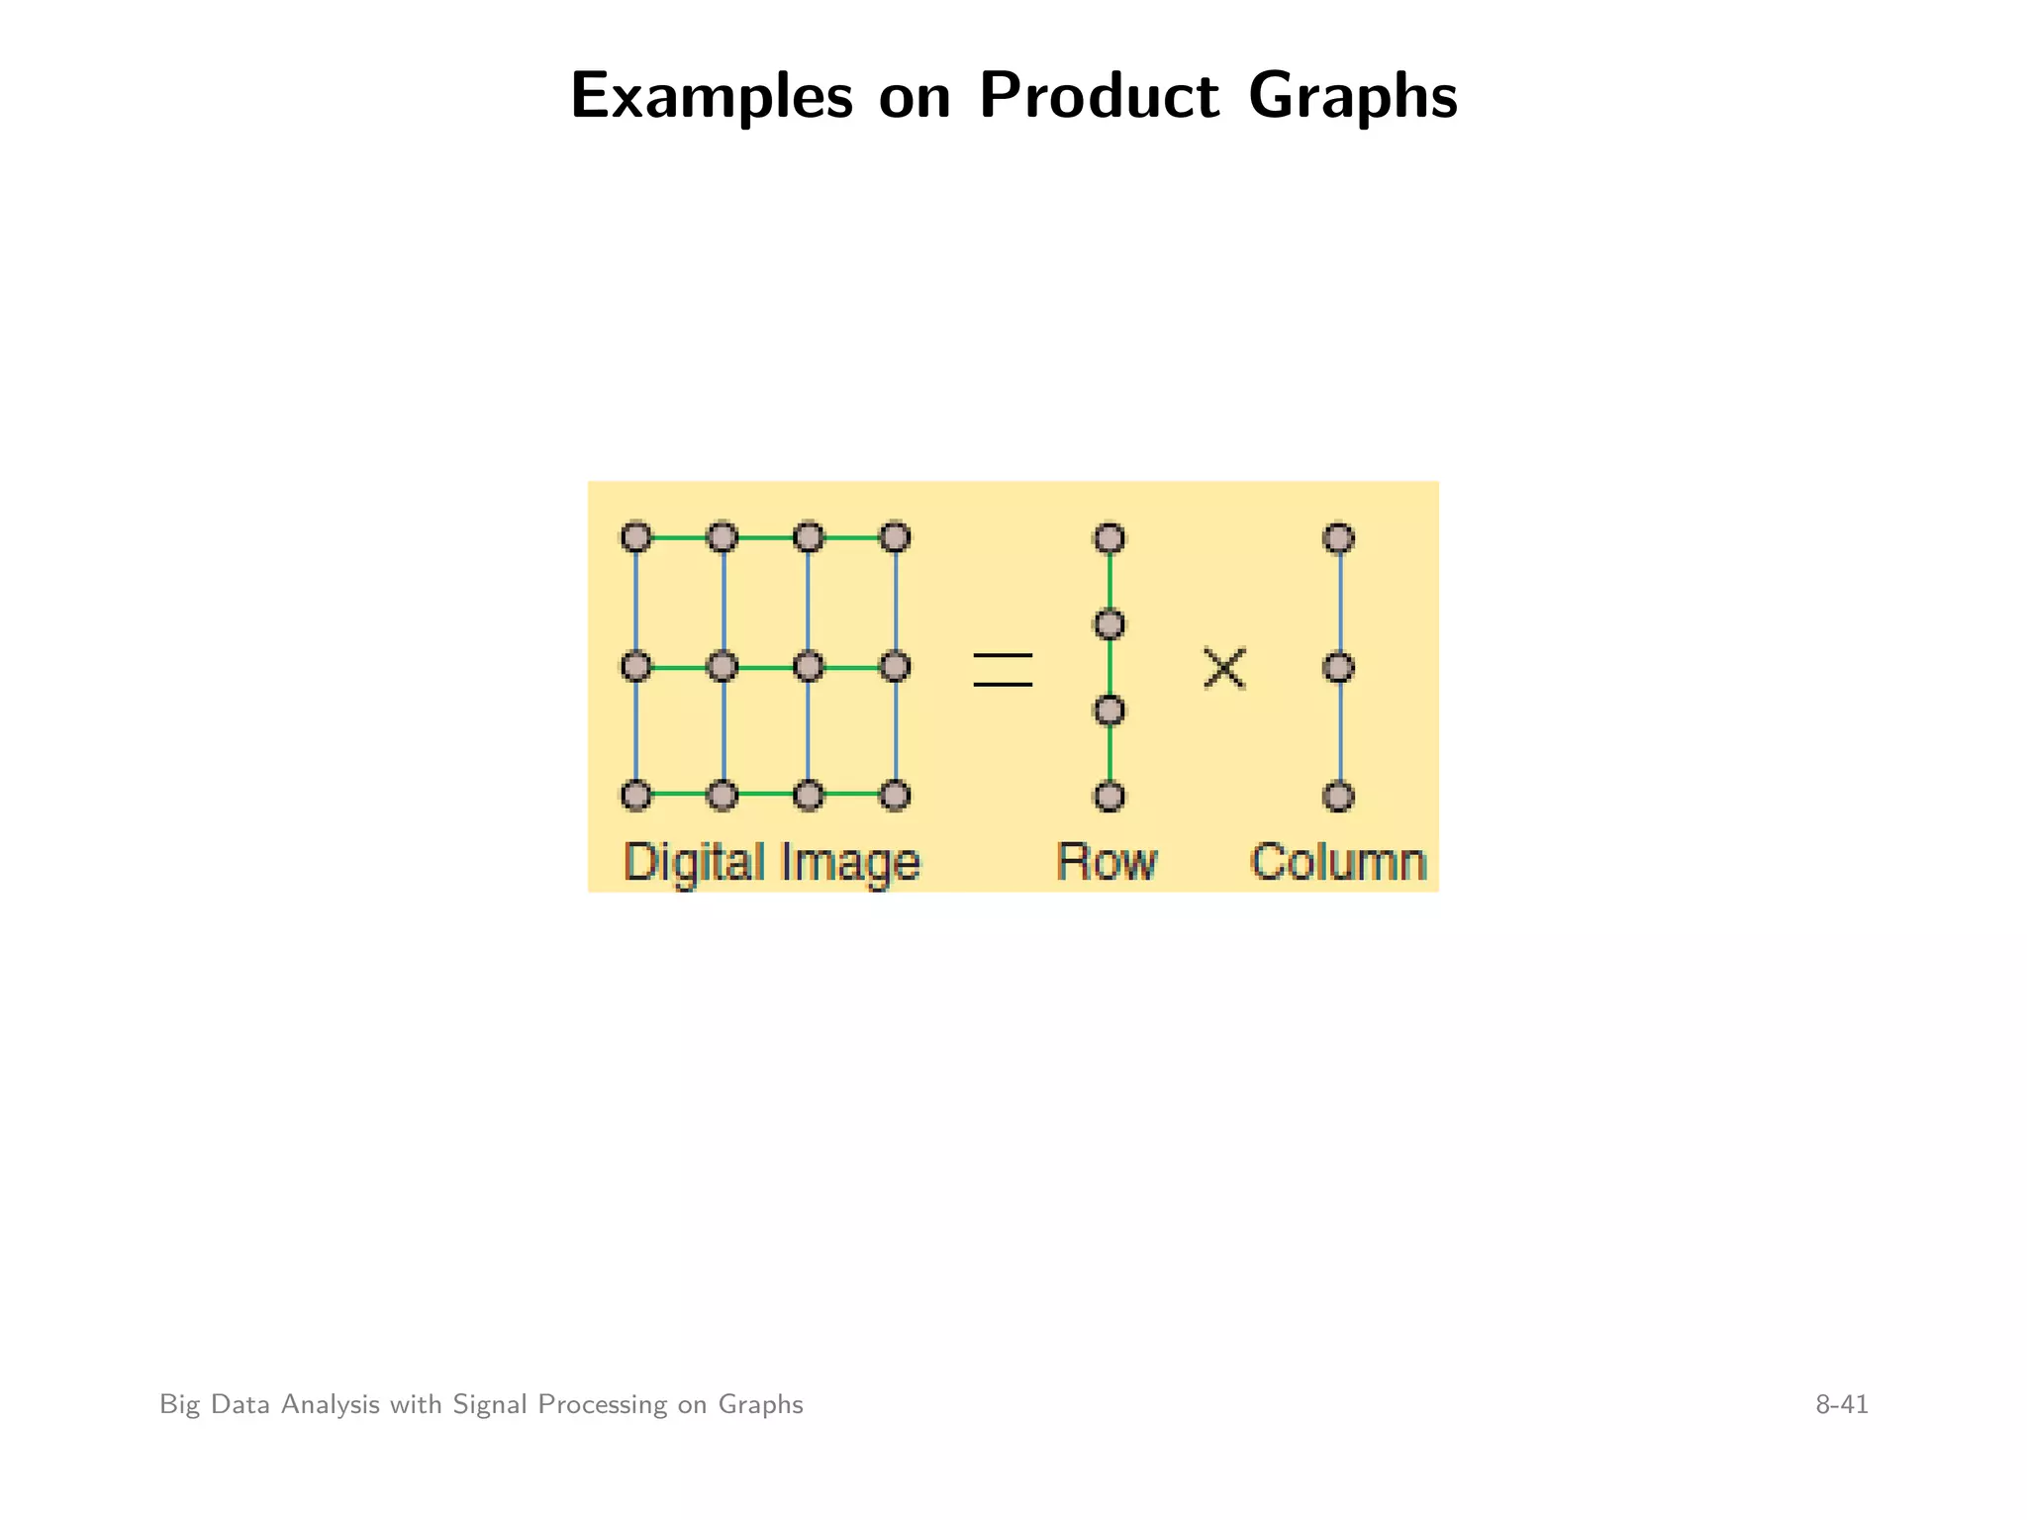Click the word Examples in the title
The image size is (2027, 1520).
[x=711, y=97]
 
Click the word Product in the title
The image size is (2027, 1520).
[x=1099, y=97]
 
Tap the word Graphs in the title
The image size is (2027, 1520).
[x=1352, y=97]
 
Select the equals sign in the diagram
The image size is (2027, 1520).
[x=1003, y=670]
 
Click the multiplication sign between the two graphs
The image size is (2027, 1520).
[x=1224, y=668]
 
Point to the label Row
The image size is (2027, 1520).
[x=1107, y=862]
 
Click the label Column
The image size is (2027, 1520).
[x=1338, y=862]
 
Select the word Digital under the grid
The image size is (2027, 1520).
[x=694, y=863]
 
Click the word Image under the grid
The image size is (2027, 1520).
[x=850, y=863]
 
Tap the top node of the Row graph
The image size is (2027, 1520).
[x=1110, y=538]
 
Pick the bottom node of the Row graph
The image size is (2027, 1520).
[x=1110, y=797]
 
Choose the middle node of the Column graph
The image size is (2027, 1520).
[x=1338, y=668]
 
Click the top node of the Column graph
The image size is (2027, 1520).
[x=1338, y=538]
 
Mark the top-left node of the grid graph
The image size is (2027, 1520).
[x=636, y=537]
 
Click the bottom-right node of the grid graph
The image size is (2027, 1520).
[x=895, y=796]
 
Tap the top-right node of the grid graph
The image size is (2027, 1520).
[x=895, y=537]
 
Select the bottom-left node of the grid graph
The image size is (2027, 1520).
[x=636, y=796]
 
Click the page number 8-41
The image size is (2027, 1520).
[x=1841, y=1404]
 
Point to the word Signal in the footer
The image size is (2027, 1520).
[x=489, y=1404]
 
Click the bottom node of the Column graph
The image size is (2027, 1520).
[x=1338, y=797]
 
